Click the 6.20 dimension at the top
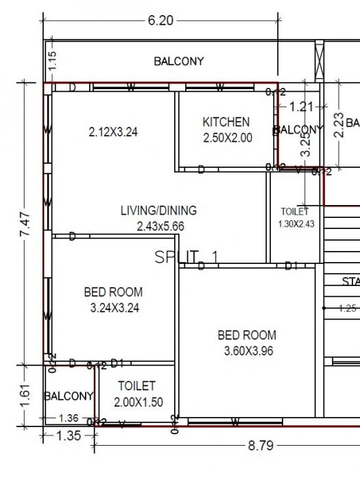pyautogui.click(x=160, y=21)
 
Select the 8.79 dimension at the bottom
pyautogui.click(x=260, y=446)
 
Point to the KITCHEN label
pyautogui.click(x=226, y=122)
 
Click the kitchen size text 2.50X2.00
pyautogui.click(x=228, y=137)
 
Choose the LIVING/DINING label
pyautogui.click(x=158, y=211)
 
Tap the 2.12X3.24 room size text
pyautogui.click(x=114, y=132)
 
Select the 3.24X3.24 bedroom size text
pyautogui.click(x=115, y=308)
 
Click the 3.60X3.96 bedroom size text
pyautogui.click(x=247, y=351)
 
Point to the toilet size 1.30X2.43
pyautogui.click(x=296, y=224)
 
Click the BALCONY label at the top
pyautogui.click(x=178, y=62)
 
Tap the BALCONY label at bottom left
pyautogui.click(x=69, y=396)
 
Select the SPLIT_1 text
pyautogui.click(x=187, y=257)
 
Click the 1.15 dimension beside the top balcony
pyautogui.click(x=53, y=62)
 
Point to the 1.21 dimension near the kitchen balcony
pyautogui.click(x=300, y=106)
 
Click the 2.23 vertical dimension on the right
pyautogui.click(x=337, y=124)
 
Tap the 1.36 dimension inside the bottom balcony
pyautogui.click(x=68, y=418)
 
